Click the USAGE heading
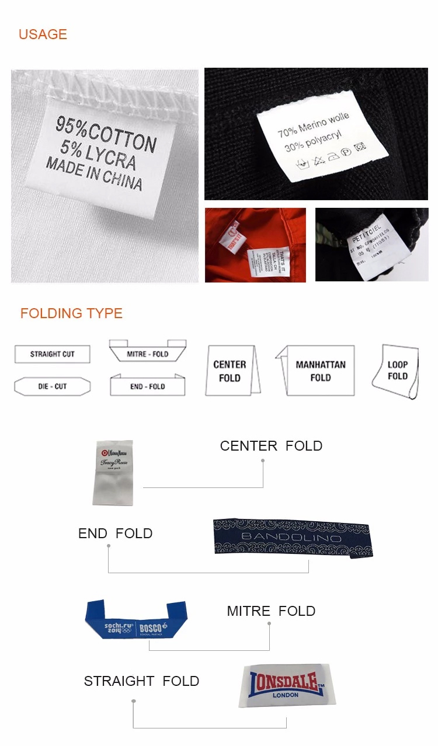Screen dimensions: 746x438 pos(43,34)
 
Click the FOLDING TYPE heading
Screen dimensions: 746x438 pos(71,313)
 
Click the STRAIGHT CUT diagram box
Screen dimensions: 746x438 pos(53,354)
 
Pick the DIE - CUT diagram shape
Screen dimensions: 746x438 pos(53,386)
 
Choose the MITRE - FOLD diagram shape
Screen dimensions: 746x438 pos(148,351)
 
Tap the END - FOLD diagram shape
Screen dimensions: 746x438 pos(148,386)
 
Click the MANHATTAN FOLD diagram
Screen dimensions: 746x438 pos(318,371)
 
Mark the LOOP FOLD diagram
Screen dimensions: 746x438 pos(397,371)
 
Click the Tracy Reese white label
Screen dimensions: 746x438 pos(113,472)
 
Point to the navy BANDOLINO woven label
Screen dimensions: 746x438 pos(292,537)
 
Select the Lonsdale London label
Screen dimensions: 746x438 pos(287,685)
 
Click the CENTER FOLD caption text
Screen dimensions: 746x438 pos(271,446)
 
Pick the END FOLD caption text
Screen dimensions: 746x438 pos(115,534)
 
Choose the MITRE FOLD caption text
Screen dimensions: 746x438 pos(271,611)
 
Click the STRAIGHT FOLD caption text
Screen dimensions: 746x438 pos(141,681)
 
